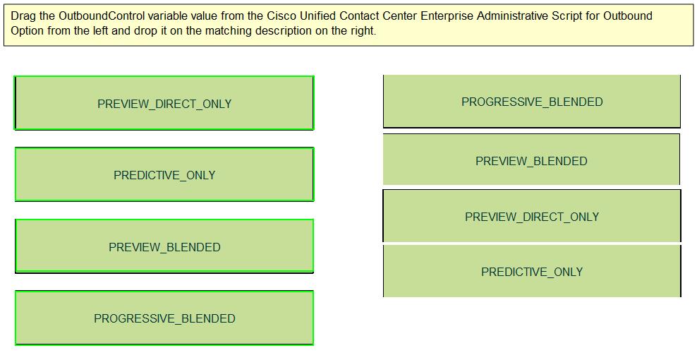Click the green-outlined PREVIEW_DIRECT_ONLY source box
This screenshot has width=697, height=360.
coord(164,103)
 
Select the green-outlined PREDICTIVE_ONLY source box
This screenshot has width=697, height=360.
coord(164,174)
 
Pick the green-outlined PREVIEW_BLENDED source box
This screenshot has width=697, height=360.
coord(164,246)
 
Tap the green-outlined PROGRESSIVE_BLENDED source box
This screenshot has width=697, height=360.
coord(164,318)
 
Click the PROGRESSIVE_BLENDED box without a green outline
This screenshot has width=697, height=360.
coord(532,102)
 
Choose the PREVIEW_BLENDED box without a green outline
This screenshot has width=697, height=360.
coord(531,160)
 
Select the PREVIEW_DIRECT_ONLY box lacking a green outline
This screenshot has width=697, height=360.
coord(532,216)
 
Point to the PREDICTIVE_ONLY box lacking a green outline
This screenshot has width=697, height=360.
coord(532,271)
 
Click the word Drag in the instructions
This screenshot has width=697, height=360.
coord(21,16)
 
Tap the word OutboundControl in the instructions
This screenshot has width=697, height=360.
coord(102,16)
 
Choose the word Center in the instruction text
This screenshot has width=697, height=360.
coord(401,16)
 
